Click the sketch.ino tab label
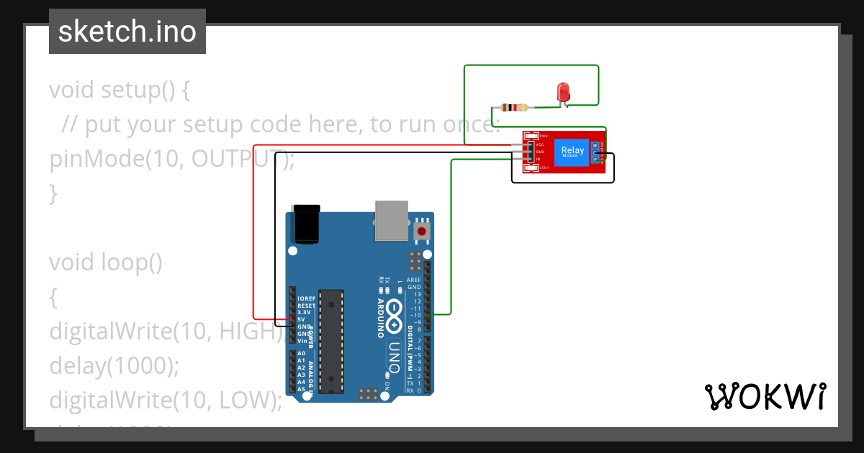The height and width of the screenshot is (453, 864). pos(127,32)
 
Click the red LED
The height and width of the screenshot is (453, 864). pos(563,92)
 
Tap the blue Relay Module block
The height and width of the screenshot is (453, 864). pos(573,152)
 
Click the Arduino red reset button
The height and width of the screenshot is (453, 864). pos(421,232)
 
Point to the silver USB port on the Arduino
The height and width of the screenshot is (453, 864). pos(391,220)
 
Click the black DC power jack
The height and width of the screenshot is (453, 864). pos(307,224)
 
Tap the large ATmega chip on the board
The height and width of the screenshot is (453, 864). pos(331,341)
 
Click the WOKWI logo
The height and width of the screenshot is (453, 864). pos(765,396)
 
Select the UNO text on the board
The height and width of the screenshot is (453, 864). pos(394,354)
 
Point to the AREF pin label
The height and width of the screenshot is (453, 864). pos(414,280)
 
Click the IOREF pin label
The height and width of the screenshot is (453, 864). pos(306,298)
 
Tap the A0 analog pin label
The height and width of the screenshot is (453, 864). pos(301,354)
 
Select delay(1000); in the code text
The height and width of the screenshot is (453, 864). pos(114,366)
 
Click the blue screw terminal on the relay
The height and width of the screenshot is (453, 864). pos(595,152)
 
